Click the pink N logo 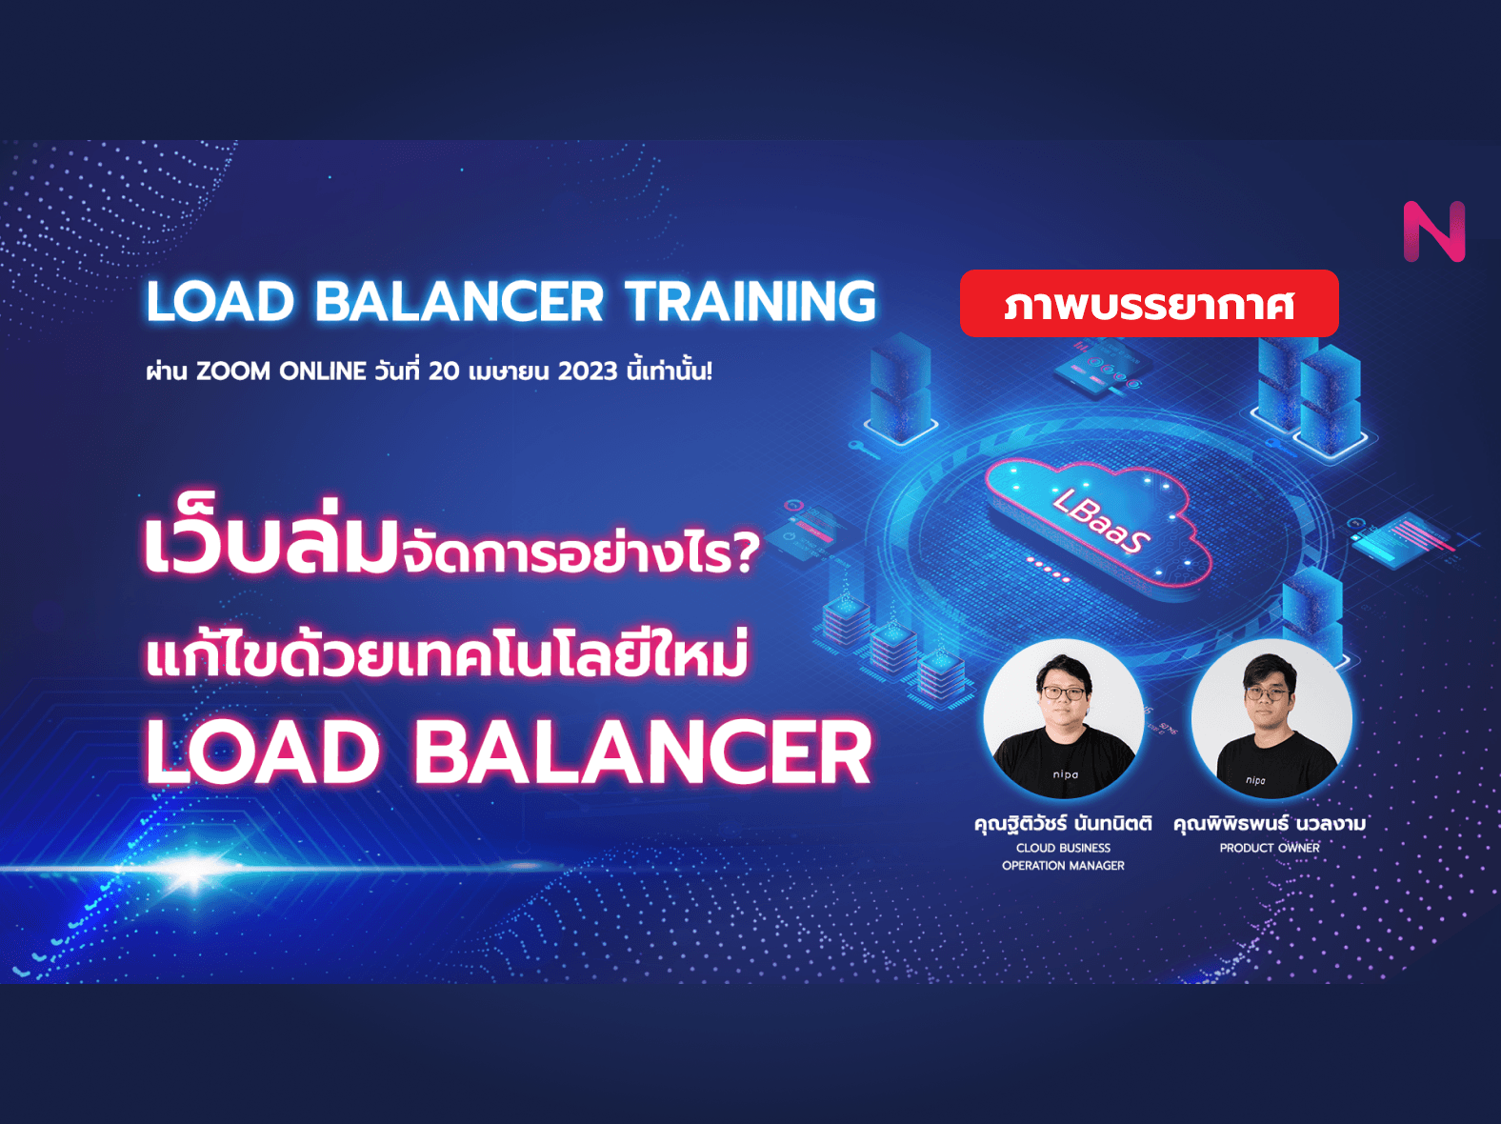1434,231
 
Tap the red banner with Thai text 1149,304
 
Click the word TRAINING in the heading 750,301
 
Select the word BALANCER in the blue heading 459,301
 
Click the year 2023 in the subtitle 588,371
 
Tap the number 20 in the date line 444,371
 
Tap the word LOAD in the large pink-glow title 263,752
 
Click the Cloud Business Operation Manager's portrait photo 1063,718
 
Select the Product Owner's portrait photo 1271,718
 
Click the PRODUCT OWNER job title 1270,848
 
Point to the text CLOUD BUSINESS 1063,848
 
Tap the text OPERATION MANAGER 1063,866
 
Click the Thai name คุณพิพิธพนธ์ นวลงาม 1270,823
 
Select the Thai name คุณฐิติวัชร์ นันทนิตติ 1063,823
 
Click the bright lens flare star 193,869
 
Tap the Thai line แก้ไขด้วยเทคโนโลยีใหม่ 447,655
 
